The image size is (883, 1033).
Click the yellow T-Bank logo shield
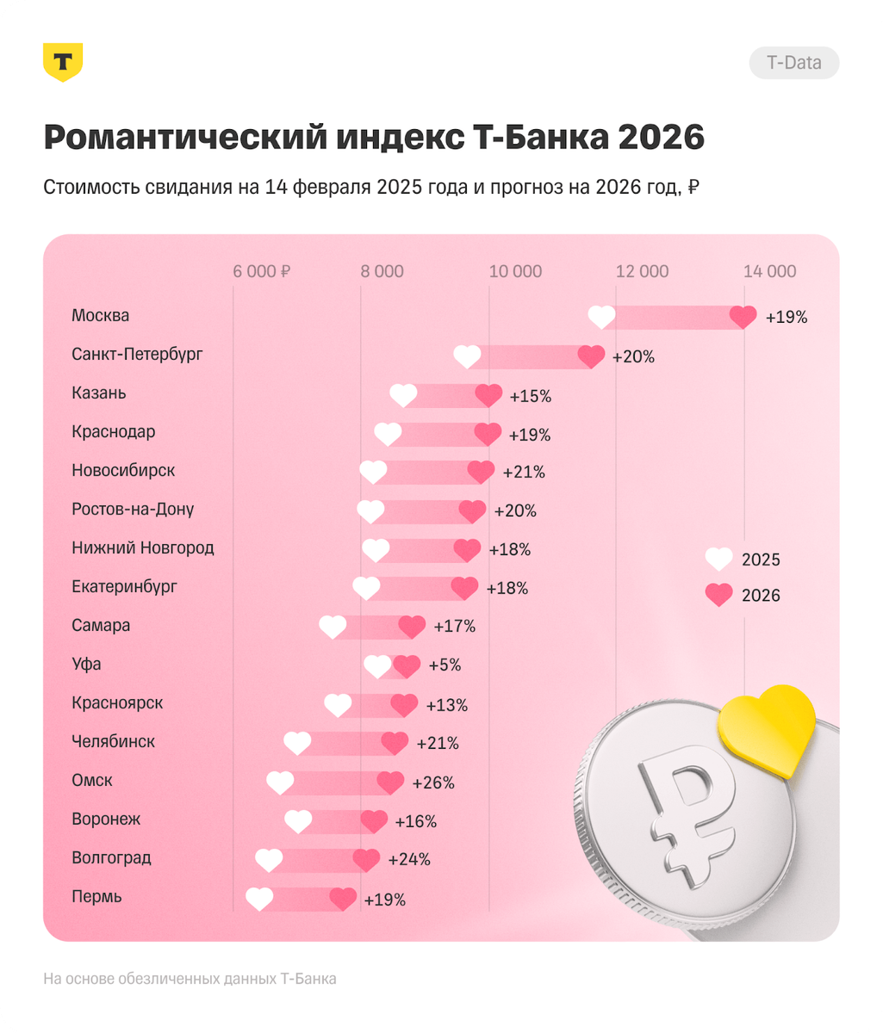(63, 62)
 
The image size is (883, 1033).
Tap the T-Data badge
(793, 63)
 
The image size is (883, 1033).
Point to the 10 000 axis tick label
(515, 271)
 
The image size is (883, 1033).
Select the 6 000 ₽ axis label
(261, 271)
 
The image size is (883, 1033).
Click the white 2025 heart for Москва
(601, 317)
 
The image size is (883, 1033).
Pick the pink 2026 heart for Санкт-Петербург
(591, 356)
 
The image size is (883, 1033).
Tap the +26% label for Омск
(433, 783)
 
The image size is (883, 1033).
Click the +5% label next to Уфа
(445, 665)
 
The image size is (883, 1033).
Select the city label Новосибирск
(123, 471)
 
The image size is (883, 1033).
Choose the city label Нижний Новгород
(143, 548)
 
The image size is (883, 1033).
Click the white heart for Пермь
(259, 899)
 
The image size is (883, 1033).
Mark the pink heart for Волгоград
(366, 860)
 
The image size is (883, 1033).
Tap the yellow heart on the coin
(766, 730)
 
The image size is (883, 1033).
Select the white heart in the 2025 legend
(719, 560)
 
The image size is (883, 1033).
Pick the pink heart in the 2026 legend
(719, 595)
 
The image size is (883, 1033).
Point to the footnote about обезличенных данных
(190, 979)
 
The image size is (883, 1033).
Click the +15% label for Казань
(530, 397)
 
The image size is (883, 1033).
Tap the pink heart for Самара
(412, 627)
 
